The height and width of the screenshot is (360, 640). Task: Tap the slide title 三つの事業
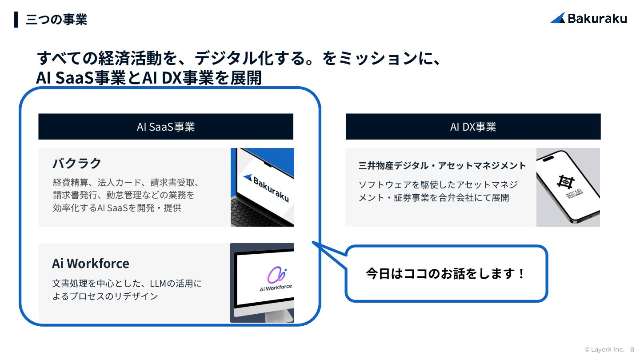[56, 20]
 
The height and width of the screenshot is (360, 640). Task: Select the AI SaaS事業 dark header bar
[166, 127]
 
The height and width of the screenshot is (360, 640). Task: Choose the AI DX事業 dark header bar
[473, 127]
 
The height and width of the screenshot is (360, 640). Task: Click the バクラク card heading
[77, 163]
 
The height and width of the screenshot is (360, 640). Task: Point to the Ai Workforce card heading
[91, 263]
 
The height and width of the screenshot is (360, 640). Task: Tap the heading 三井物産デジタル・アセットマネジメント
[442, 166]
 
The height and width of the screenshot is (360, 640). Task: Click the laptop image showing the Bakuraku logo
[262, 187]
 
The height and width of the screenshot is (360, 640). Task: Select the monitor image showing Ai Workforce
[262, 282]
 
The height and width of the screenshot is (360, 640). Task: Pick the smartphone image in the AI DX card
[568, 187]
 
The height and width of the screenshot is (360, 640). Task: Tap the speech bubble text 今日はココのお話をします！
[446, 273]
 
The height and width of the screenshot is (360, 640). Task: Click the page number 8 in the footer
[632, 349]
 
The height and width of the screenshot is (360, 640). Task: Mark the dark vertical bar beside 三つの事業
[16, 20]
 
